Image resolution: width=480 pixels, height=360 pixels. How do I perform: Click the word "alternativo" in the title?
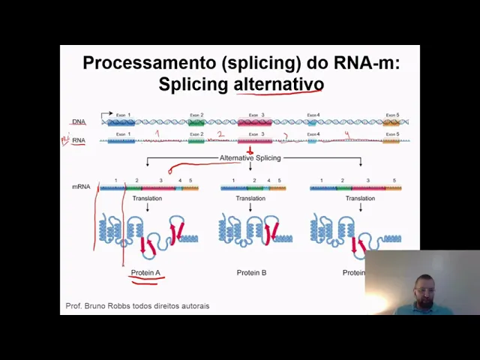(x=278, y=83)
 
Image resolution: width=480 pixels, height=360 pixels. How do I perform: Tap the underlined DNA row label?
(x=79, y=121)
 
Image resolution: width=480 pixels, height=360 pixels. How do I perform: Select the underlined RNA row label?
(x=79, y=140)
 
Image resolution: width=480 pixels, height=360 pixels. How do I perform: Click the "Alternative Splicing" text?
(x=250, y=158)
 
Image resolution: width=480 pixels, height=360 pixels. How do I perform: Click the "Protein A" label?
(x=145, y=273)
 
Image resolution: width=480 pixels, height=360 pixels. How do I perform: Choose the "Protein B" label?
(x=251, y=273)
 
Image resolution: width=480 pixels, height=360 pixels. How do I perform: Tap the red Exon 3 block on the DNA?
(x=255, y=121)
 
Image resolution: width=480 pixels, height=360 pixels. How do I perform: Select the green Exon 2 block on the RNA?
(x=196, y=140)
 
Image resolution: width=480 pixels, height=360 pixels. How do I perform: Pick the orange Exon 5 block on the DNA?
(x=391, y=121)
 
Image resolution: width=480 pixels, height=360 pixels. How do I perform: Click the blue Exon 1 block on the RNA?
(x=121, y=140)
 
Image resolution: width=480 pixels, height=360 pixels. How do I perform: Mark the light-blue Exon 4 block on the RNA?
(x=312, y=140)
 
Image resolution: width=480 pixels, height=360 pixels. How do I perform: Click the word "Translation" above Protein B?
(x=250, y=199)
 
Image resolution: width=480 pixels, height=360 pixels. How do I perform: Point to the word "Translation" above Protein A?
(x=147, y=199)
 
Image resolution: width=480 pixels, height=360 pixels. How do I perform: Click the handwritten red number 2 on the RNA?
(x=220, y=135)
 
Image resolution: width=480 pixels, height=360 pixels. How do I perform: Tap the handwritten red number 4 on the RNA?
(x=346, y=135)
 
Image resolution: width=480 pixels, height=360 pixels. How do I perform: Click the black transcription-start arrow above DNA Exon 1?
(x=106, y=115)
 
